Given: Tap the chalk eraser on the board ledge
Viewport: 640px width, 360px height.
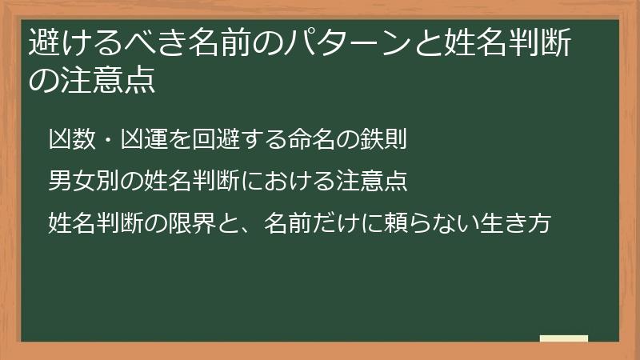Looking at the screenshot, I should point(563,338).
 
